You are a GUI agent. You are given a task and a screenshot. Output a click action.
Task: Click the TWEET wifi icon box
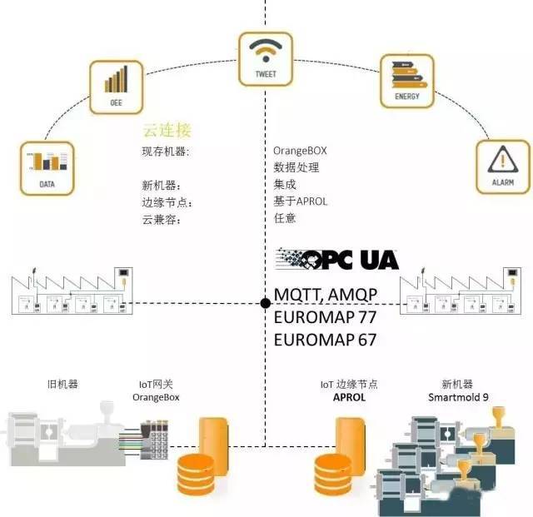coord(266,59)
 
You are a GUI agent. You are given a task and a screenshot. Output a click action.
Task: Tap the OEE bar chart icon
coord(116,87)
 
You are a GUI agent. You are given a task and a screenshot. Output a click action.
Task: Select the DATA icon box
coord(47,169)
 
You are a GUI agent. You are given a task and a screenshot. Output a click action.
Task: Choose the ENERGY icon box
coord(407,81)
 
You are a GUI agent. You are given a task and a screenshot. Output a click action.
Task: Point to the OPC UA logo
coord(336,260)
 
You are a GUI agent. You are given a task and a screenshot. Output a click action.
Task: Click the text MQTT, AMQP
coord(326,295)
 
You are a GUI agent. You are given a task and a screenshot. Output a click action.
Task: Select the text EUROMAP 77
coord(325,317)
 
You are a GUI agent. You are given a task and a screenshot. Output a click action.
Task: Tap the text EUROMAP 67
coord(325,340)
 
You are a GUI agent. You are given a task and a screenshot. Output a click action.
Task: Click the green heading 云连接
coord(167,130)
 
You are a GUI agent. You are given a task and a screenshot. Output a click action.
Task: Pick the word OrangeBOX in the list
coord(300,151)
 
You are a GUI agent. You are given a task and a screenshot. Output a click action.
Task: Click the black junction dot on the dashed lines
coord(266,303)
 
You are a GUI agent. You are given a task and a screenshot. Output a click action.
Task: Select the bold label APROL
coord(349,397)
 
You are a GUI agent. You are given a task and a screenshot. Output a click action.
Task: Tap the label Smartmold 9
coord(458,397)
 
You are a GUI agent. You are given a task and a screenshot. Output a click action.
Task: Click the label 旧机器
coord(63,385)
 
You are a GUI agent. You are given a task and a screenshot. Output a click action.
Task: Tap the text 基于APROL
coord(300,201)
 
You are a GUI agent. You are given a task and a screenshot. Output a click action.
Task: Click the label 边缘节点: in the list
coord(167,203)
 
